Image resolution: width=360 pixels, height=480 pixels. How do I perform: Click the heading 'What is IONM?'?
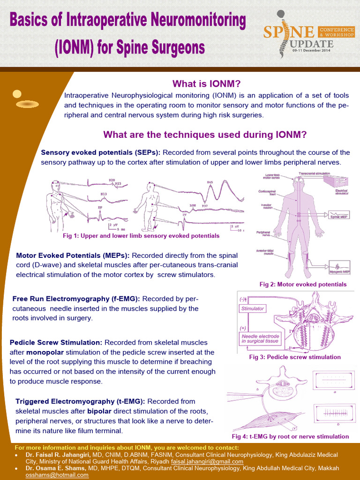tap(206, 84)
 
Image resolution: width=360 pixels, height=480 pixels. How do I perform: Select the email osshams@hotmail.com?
tap(57, 475)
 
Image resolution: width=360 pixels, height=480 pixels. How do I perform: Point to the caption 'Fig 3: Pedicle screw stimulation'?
tap(295, 357)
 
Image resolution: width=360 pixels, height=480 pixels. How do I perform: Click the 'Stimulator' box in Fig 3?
tap(253, 308)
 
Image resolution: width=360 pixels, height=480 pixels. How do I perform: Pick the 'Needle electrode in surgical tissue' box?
tap(260, 338)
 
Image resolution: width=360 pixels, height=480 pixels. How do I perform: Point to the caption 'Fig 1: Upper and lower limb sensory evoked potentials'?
tap(141, 236)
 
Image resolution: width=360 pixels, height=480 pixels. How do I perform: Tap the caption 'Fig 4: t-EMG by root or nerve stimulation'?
tap(290, 436)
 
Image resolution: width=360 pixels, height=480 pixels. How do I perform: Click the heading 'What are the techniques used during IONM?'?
tap(205, 135)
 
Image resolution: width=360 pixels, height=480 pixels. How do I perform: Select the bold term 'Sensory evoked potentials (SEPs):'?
tap(101, 152)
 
